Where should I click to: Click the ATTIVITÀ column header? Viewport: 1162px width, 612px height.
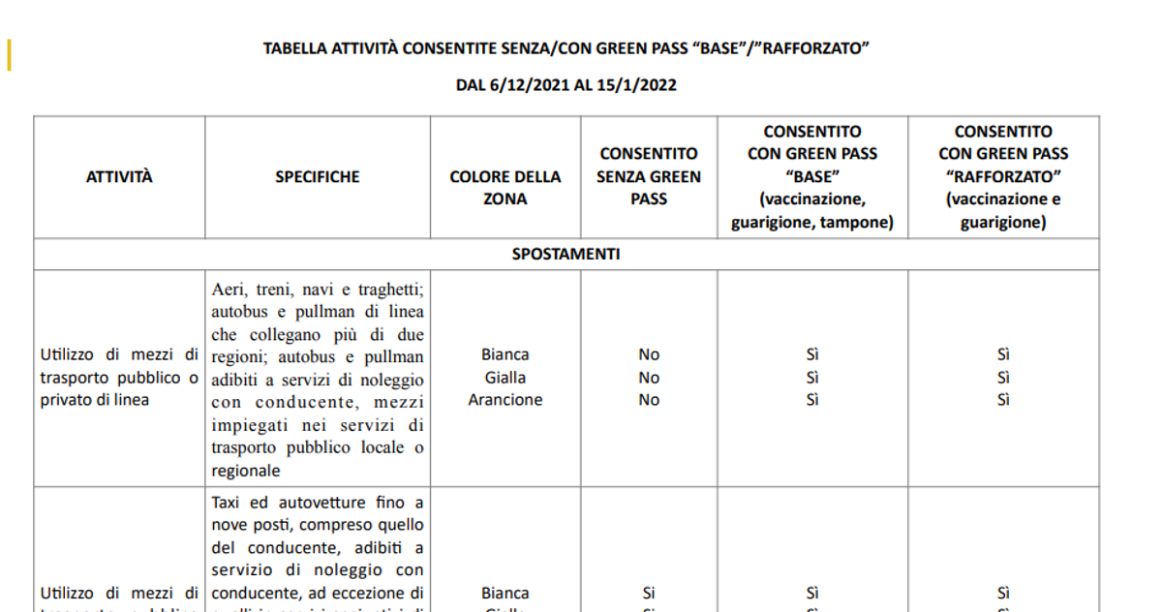pyautogui.click(x=119, y=177)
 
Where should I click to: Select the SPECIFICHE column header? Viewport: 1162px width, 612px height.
pyautogui.click(x=317, y=177)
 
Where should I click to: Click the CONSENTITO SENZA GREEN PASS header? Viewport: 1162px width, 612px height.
pyautogui.click(x=648, y=176)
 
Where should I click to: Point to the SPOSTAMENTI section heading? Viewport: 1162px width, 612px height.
pyautogui.click(x=566, y=255)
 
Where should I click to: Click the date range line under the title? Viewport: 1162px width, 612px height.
pyautogui.click(x=566, y=85)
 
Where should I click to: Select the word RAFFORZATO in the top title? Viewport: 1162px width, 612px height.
pyautogui.click(x=810, y=47)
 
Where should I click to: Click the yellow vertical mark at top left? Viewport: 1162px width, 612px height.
pyautogui.click(x=9, y=55)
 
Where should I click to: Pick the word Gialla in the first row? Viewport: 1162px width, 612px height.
pyautogui.click(x=505, y=378)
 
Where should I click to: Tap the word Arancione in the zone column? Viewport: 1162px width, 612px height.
pyautogui.click(x=505, y=400)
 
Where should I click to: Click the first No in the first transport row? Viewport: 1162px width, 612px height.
pyautogui.click(x=648, y=355)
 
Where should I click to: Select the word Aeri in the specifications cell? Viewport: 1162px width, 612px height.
pyautogui.click(x=228, y=291)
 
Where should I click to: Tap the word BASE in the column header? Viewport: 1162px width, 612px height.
pyautogui.click(x=811, y=176)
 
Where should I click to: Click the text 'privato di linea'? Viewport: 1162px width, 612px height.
pyautogui.click(x=95, y=399)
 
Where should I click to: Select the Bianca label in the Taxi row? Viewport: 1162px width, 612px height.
pyautogui.click(x=505, y=593)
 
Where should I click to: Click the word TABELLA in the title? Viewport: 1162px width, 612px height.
pyautogui.click(x=294, y=47)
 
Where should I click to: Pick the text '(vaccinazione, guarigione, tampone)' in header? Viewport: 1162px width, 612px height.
pyautogui.click(x=811, y=211)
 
